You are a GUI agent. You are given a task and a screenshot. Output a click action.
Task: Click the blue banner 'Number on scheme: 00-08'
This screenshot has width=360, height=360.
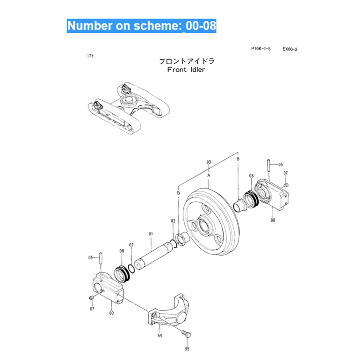(142, 26)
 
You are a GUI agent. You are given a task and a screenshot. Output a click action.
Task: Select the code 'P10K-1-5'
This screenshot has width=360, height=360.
(261, 49)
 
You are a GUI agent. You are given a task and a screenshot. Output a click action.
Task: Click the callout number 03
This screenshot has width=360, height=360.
(208, 162)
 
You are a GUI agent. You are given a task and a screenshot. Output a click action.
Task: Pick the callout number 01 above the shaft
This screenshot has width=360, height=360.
(151, 232)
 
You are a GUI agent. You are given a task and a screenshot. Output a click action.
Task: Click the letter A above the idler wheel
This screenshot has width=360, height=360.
(209, 175)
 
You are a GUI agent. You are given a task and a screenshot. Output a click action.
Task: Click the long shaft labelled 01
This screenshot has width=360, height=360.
(154, 256)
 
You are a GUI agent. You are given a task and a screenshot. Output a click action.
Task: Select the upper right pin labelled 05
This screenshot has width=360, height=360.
(269, 164)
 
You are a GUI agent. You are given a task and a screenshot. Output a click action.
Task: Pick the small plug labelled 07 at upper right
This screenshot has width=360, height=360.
(286, 185)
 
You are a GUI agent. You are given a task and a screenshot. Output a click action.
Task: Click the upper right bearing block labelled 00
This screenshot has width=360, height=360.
(274, 196)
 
